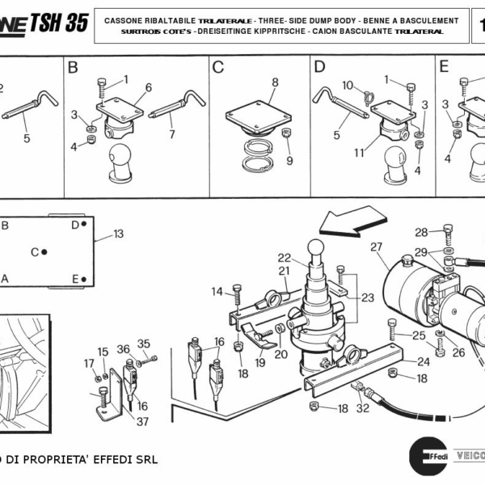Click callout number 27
376,247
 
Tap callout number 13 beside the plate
118,234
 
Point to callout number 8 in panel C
275,82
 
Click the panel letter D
319,67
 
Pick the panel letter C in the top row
217,67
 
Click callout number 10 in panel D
348,85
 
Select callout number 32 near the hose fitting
363,408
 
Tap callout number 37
142,421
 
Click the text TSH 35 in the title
59,23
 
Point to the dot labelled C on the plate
44,252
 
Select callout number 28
421,232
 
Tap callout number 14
217,291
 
